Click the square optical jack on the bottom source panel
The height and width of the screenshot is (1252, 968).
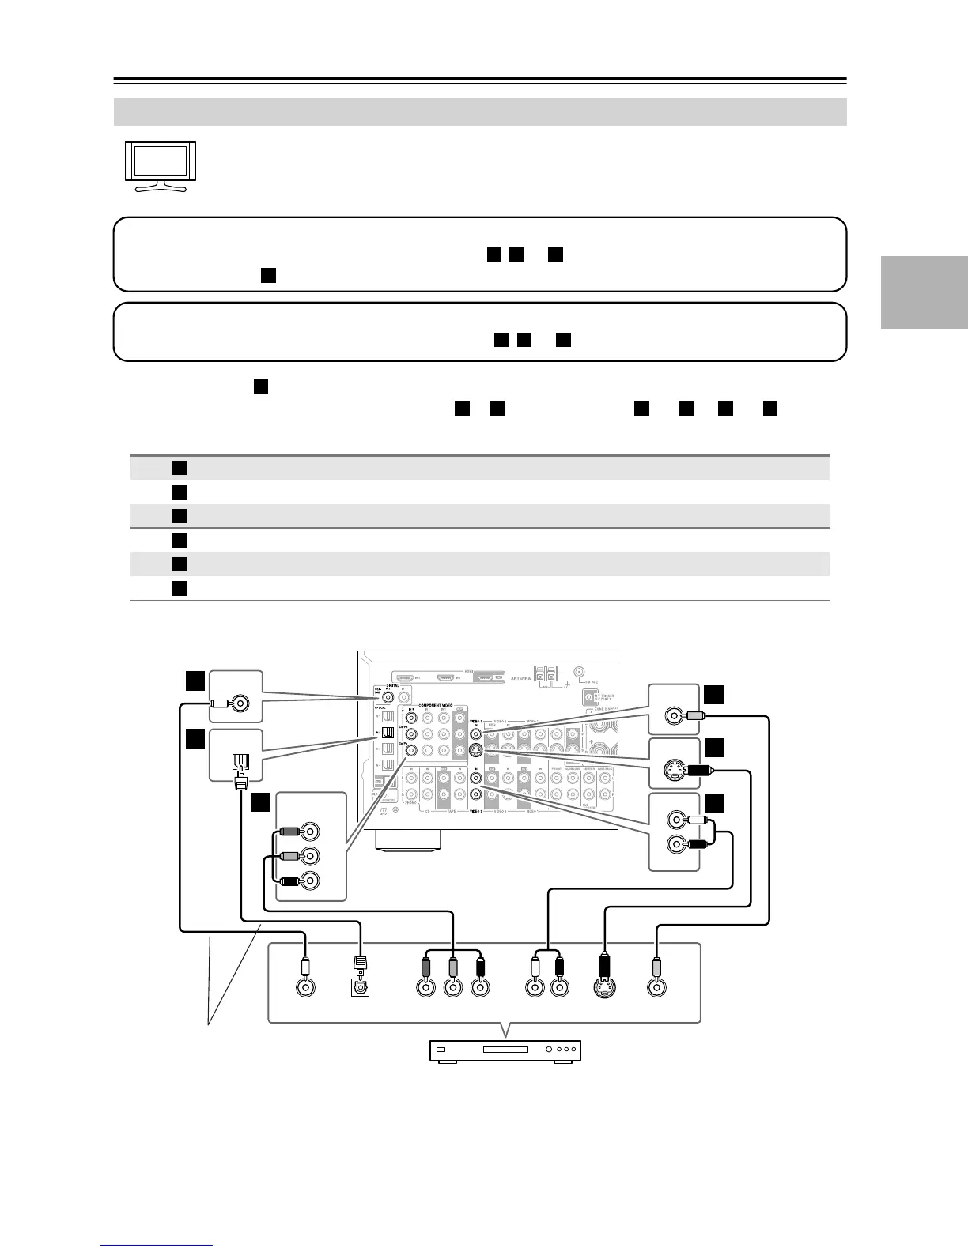click(x=361, y=986)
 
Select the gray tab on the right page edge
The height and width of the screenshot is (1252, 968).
click(x=924, y=292)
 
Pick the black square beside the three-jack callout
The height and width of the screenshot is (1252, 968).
click(x=262, y=802)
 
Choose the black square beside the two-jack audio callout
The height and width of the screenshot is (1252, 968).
click(x=714, y=803)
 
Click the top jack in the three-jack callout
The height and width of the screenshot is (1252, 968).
click(x=311, y=832)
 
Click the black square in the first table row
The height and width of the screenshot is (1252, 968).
click(x=180, y=468)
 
